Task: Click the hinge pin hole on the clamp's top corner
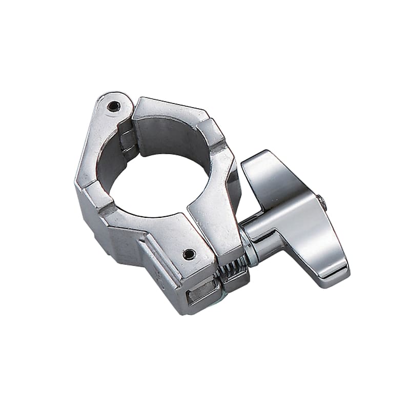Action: [x=114, y=106]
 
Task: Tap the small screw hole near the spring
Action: [x=189, y=254]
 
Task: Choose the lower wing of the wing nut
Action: [x=323, y=256]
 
